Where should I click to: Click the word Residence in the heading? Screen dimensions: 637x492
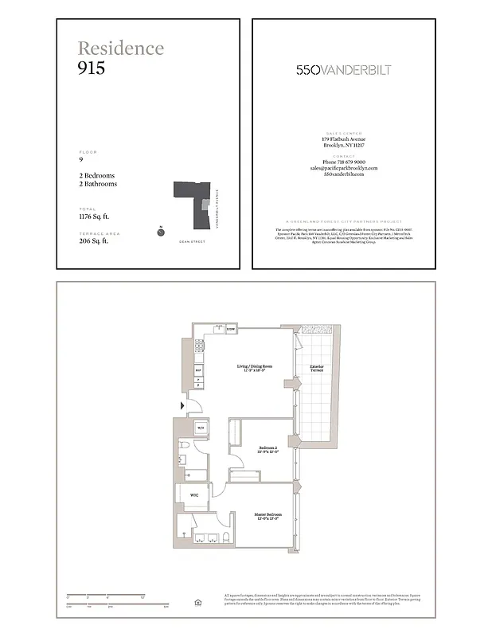coord(121,48)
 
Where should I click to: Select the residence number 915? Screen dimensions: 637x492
coord(92,68)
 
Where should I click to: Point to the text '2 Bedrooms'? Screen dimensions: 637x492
coord(96,175)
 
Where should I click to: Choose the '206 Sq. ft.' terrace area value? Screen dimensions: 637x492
coord(93,240)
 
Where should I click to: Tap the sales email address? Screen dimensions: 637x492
coord(344,168)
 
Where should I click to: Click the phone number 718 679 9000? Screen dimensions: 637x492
coord(344,162)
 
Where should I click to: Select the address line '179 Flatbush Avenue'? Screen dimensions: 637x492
coord(344,139)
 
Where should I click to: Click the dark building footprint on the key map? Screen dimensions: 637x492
coord(189,195)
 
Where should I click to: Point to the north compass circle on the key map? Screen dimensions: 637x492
coord(161,233)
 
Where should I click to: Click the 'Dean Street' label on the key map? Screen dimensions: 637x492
coord(192,240)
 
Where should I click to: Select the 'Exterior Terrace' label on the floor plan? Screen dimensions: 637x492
coord(317,368)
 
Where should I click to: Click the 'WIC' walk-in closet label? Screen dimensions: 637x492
coord(193,494)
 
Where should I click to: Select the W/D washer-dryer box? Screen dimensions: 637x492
coord(201,428)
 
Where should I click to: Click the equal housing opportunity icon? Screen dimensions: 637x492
coord(197,603)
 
